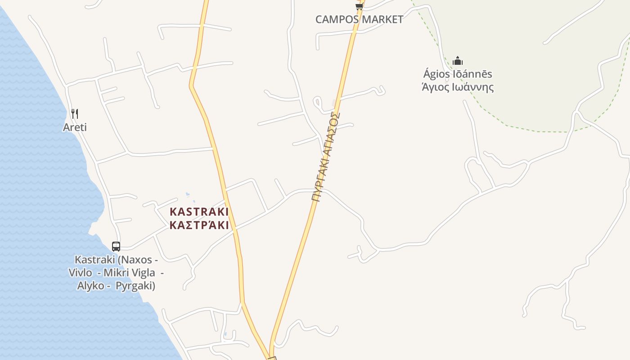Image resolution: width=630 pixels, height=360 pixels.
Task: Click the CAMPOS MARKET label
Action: pos(359,19)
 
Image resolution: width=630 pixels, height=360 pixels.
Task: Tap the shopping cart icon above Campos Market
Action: pos(359,6)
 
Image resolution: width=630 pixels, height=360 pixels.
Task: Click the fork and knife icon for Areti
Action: pos(75,113)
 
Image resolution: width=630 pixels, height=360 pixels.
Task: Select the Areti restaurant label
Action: pos(75,127)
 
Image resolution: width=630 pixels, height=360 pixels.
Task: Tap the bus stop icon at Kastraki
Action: pos(116,247)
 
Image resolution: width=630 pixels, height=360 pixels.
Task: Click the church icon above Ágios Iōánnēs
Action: pos(458,61)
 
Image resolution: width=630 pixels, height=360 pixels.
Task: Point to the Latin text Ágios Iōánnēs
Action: pos(458,74)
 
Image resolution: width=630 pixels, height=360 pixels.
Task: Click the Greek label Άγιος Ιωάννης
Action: pos(458,87)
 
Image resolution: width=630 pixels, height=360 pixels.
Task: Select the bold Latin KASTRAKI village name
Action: pos(199,211)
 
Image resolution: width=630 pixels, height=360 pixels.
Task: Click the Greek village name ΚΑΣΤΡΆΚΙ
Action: pos(199,225)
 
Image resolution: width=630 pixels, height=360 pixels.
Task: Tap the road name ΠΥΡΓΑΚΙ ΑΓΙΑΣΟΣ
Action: pos(325,157)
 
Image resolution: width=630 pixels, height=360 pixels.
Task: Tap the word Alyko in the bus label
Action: pos(91,286)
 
